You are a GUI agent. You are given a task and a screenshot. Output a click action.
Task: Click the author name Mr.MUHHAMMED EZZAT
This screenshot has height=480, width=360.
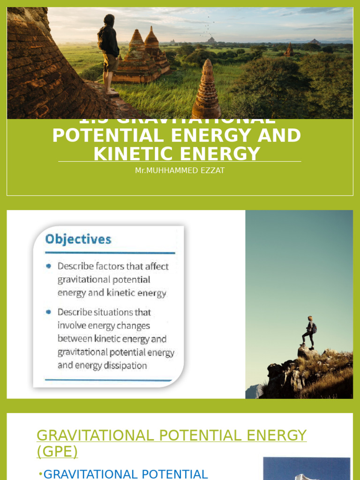click(x=180, y=171)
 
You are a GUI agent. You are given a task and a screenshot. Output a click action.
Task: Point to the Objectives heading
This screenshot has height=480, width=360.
click(x=78, y=240)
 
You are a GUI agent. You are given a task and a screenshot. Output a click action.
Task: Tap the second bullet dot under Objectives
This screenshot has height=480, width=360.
click(x=49, y=312)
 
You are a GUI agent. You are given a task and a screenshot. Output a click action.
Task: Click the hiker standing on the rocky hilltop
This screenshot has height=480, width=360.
click(x=309, y=331)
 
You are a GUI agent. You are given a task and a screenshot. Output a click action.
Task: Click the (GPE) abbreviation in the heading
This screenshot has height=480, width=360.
click(x=57, y=451)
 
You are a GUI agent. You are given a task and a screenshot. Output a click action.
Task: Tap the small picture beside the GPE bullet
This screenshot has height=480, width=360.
click(x=307, y=469)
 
